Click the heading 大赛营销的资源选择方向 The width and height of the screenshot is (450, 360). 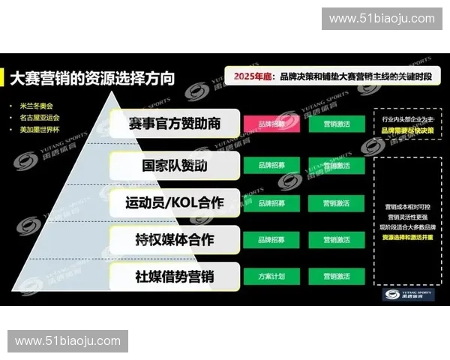click(x=94, y=77)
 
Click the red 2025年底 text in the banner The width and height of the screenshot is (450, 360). click(x=251, y=76)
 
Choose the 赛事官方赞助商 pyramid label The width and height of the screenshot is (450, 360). click(x=174, y=124)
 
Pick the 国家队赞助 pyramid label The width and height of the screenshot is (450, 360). click(x=174, y=165)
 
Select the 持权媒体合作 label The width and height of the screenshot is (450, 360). click(x=174, y=240)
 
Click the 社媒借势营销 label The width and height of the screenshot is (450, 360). click(x=174, y=276)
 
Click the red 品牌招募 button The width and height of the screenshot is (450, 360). click(x=271, y=122)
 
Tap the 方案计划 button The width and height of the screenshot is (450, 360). click(x=271, y=276)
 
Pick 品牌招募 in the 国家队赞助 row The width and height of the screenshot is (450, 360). click(x=271, y=164)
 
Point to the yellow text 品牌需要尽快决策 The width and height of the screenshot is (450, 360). click(x=409, y=130)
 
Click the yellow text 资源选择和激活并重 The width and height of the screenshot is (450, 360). click(x=409, y=236)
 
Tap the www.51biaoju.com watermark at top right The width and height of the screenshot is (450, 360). click(x=382, y=18)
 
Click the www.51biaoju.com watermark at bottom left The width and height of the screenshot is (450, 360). click(x=67, y=341)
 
